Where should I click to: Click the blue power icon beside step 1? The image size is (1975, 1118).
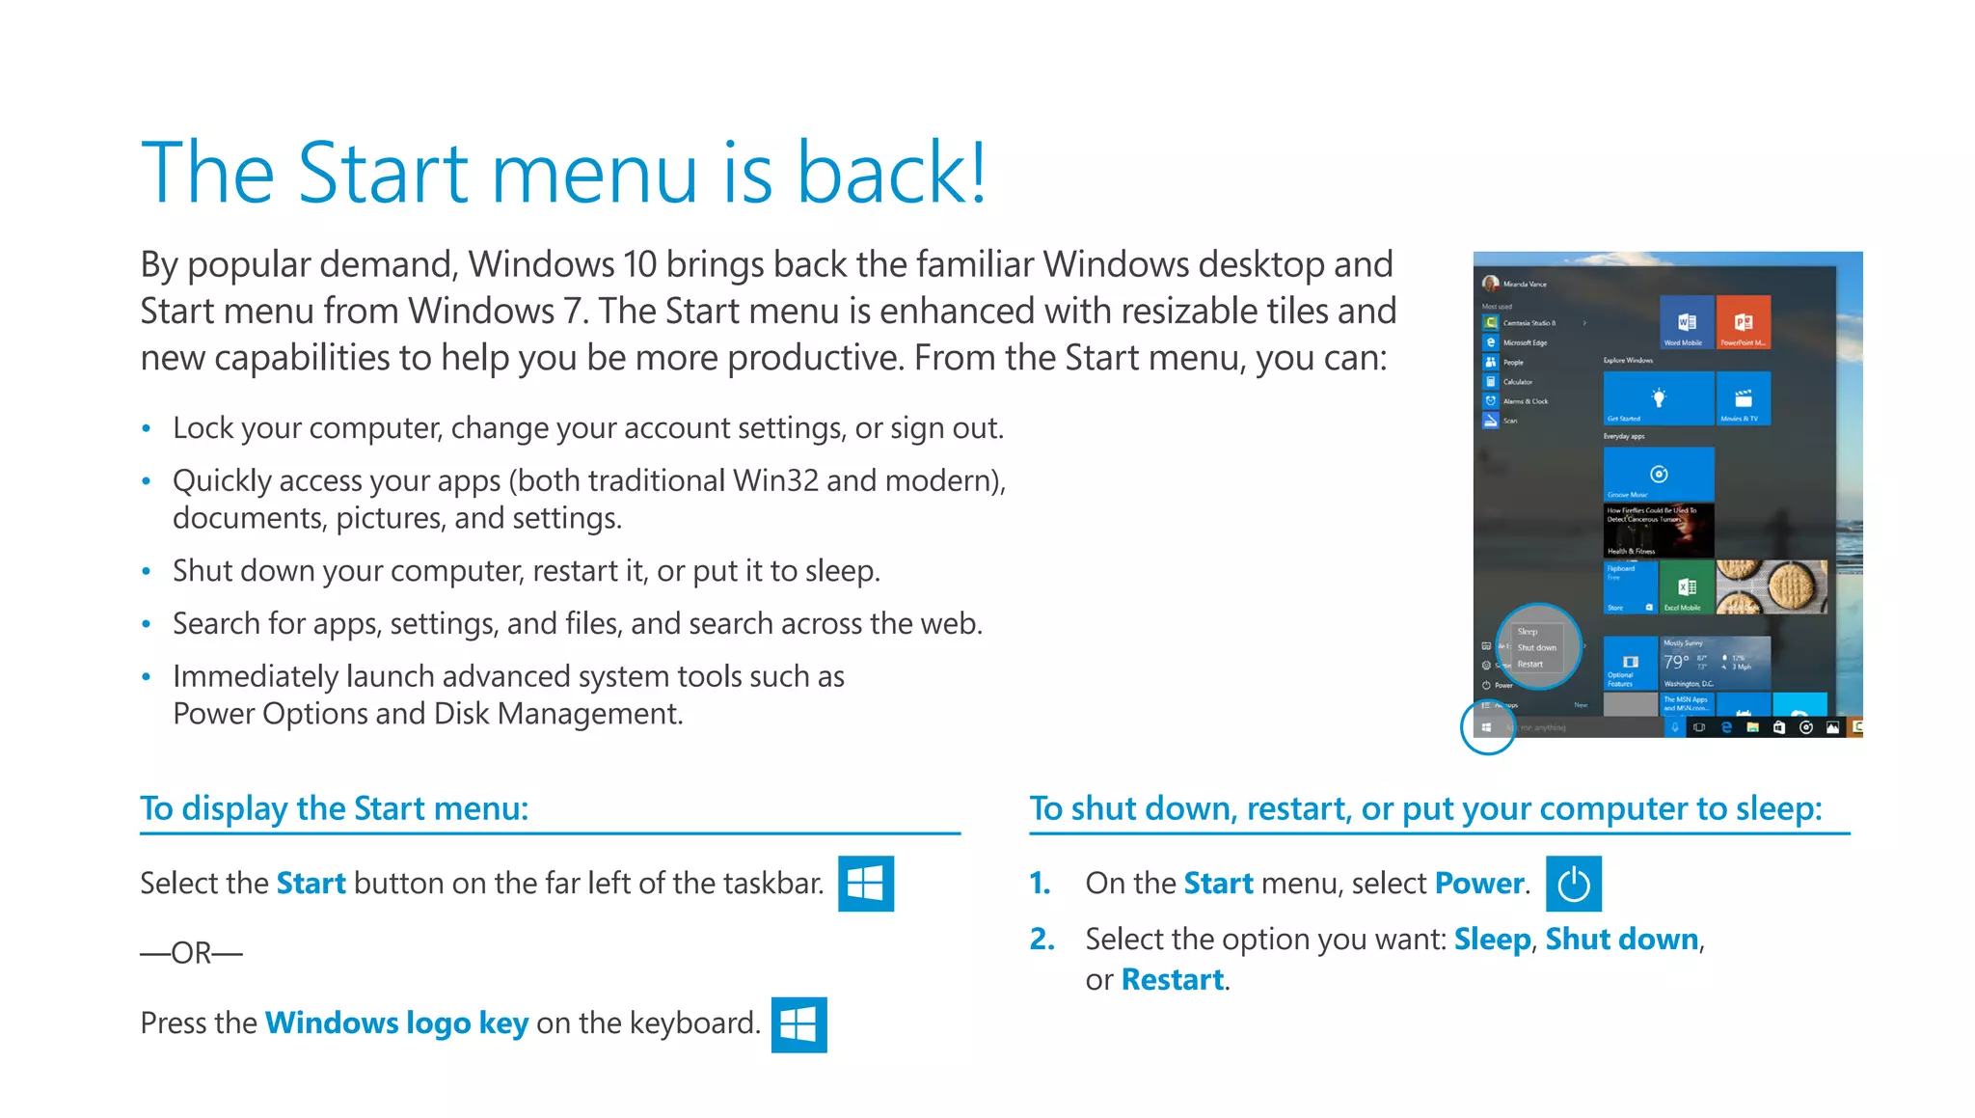1573,884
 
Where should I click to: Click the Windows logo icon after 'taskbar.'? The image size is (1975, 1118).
866,884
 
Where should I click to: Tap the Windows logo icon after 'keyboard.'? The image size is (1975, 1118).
798,1024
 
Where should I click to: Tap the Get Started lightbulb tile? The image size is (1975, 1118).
1659,398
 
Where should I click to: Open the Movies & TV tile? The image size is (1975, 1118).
1744,398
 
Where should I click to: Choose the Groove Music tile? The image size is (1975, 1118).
1659,474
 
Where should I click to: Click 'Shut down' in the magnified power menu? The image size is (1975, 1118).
1537,648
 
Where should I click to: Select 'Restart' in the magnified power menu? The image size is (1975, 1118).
1530,665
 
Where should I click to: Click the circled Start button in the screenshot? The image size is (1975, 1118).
1487,727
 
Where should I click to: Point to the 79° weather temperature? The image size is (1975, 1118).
1676,662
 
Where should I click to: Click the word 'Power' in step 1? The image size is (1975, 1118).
1479,884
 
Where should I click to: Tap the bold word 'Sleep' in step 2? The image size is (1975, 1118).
1492,940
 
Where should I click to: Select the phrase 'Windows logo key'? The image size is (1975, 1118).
396,1023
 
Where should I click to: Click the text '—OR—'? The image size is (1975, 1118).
191,953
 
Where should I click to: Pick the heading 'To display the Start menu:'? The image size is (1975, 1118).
335,808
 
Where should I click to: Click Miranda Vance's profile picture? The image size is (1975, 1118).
1490,284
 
